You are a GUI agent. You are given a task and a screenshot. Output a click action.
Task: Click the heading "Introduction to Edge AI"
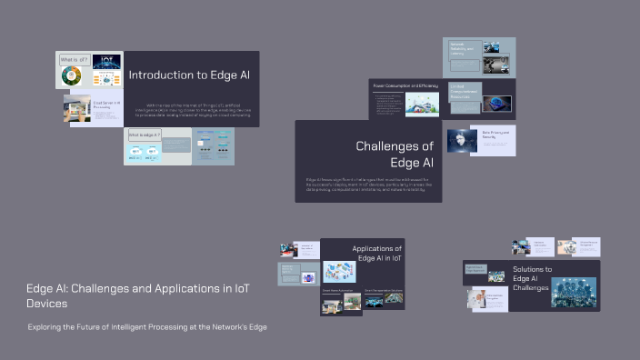pyautogui.click(x=188, y=75)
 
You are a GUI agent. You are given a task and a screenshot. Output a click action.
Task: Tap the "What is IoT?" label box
pyautogui.click(x=74, y=60)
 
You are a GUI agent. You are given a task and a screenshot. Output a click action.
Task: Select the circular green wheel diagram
pyautogui.click(x=72, y=77)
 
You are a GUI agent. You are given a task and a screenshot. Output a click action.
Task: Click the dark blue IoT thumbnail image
pyautogui.click(x=106, y=63)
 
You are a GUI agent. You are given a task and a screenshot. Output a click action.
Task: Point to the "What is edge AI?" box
pyautogui.click(x=145, y=135)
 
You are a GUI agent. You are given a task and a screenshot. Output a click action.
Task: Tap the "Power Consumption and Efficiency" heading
pyautogui.click(x=405, y=85)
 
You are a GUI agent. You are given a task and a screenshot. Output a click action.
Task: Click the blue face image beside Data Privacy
pyautogui.click(x=463, y=140)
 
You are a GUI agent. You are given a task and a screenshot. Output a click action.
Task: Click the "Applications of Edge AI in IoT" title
pyautogui.click(x=377, y=254)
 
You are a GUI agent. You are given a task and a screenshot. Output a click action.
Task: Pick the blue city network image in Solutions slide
pyautogui.click(x=574, y=291)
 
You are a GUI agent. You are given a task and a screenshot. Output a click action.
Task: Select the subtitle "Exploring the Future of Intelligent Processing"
pyautogui.click(x=147, y=326)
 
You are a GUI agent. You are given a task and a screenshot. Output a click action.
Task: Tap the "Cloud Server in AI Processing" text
pyautogui.click(x=107, y=106)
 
